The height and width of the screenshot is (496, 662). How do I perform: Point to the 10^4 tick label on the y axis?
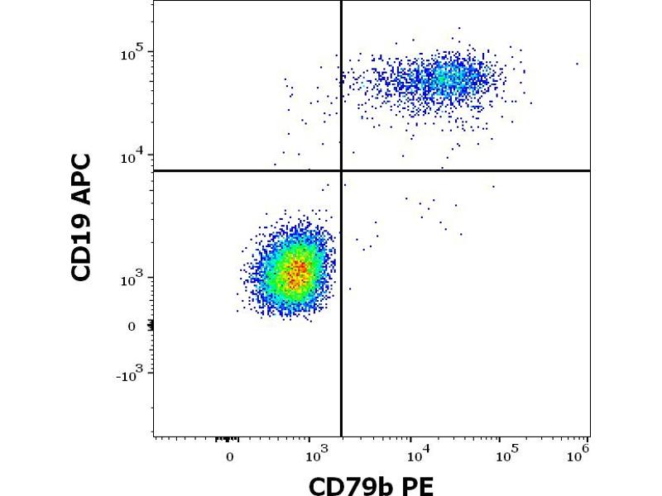(132, 155)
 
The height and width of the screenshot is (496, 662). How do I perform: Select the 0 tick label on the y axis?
(131, 327)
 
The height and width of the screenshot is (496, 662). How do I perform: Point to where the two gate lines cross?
(341, 170)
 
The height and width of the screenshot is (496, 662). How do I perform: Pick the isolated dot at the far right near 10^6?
(578, 64)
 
